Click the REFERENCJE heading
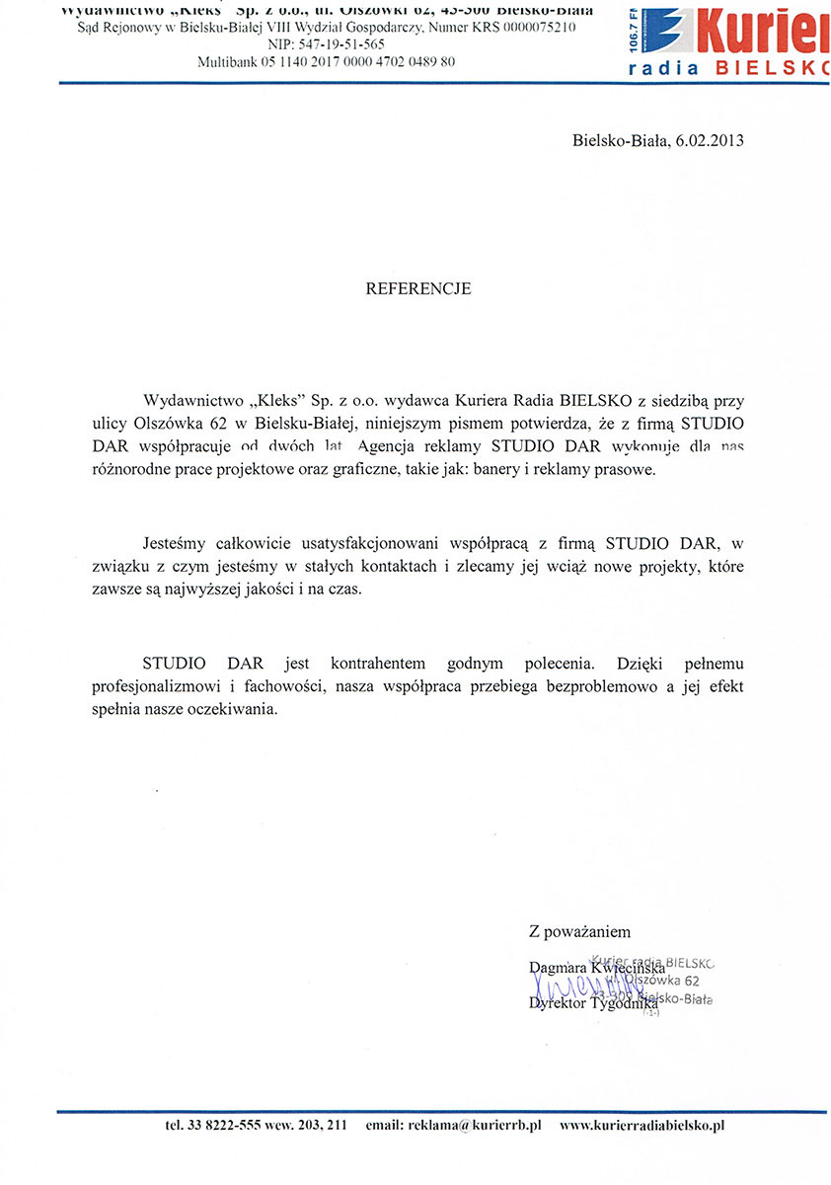(x=418, y=289)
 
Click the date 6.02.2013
(x=710, y=140)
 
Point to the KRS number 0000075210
(x=538, y=29)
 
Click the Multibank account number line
(x=327, y=61)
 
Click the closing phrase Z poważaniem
(x=579, y=931)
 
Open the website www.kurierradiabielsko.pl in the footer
(x=642, y=1126)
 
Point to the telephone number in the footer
(x=255, y=1126)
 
